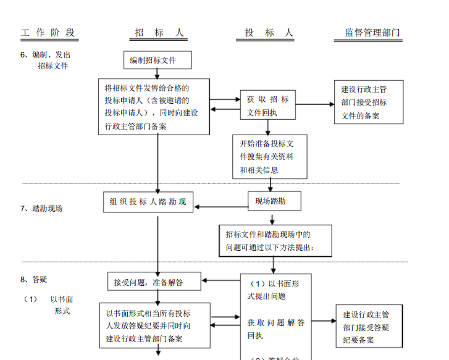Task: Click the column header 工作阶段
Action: (x=48, y=33)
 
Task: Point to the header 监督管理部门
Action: (x=372, y=33)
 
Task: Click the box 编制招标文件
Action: (x=157, y=61)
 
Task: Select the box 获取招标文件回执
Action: (x=268, y=106)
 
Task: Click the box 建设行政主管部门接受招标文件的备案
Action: (x=369, y=102)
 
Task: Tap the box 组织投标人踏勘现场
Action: (x=148, y=202)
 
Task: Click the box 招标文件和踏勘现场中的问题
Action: (x=275, y=241)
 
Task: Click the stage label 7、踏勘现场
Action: (x=42, y=208)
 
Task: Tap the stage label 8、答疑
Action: (x=34, y=279)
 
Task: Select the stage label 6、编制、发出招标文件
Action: (x=46, y=60)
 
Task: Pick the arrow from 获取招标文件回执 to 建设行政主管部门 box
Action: (x=315, y=104)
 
